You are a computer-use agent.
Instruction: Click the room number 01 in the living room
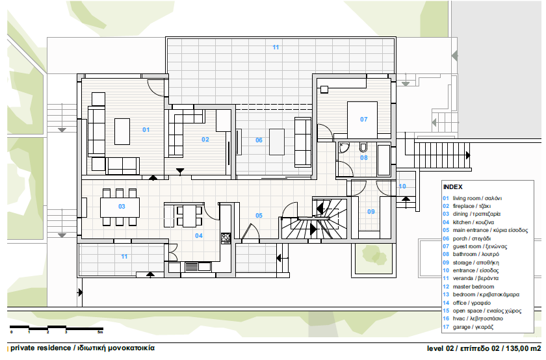tap(146, 130)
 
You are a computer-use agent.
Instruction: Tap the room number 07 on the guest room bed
tap(364, 120)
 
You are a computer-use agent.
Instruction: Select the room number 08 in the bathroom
tap(364, 158)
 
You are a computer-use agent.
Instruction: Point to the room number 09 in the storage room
tap(371, 212)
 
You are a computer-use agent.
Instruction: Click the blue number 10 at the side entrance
tap(402, 186)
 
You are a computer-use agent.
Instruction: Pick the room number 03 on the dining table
tap(122, 207)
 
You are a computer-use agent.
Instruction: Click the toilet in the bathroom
tap(363, 148)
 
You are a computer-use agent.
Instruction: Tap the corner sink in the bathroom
tap(343, 148)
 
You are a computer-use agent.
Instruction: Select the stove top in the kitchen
tap(226, 238)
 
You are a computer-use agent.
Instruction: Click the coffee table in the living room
tap(122, 131)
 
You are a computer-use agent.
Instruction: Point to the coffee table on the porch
tap(277, 142)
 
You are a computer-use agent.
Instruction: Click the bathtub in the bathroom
tap(383, 160)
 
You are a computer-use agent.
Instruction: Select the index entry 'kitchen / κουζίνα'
tap(473, 222)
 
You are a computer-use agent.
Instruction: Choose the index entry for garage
tap(473, 327)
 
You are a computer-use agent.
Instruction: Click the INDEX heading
tap(452, 187)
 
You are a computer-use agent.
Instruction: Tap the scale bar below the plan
tap(57, 328)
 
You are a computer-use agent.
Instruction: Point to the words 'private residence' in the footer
tap(40, 348)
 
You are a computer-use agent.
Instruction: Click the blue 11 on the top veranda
tap(276, 47)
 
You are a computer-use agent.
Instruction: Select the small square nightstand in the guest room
tap(324, 90)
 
